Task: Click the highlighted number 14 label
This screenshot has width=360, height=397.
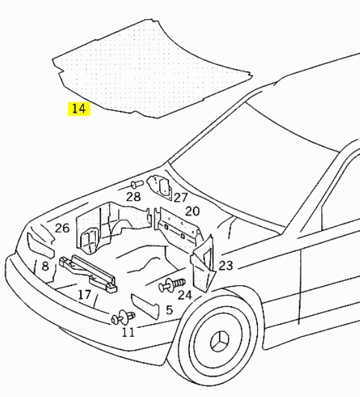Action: tap(79, 108)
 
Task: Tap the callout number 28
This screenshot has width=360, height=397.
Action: tap(133, 197)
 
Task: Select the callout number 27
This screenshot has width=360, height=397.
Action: tap(180, 197)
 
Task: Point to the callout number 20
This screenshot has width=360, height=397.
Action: tap(192, 211)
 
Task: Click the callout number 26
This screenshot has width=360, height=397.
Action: tap(62, 228)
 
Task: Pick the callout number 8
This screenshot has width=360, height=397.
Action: tap(45, 266)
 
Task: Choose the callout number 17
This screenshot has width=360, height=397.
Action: tap(84, 295)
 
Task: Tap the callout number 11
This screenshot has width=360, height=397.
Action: tap(128, 332)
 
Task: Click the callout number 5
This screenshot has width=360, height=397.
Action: tap(170, 310)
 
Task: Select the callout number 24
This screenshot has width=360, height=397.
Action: tap(185, 295)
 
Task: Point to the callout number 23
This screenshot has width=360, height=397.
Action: tap(225, 266)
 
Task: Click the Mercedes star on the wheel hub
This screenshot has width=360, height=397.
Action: tap(219, 342)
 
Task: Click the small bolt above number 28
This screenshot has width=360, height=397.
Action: tap(137, 184)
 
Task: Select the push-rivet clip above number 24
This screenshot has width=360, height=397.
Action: tap(172, 285)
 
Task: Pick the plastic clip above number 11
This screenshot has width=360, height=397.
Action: tap(123, 318)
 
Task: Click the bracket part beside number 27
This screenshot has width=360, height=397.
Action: tap(160, 187)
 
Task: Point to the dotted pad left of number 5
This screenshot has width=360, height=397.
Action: tap(145, 306)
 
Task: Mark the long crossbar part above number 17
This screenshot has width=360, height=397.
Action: tap(88, 273)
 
